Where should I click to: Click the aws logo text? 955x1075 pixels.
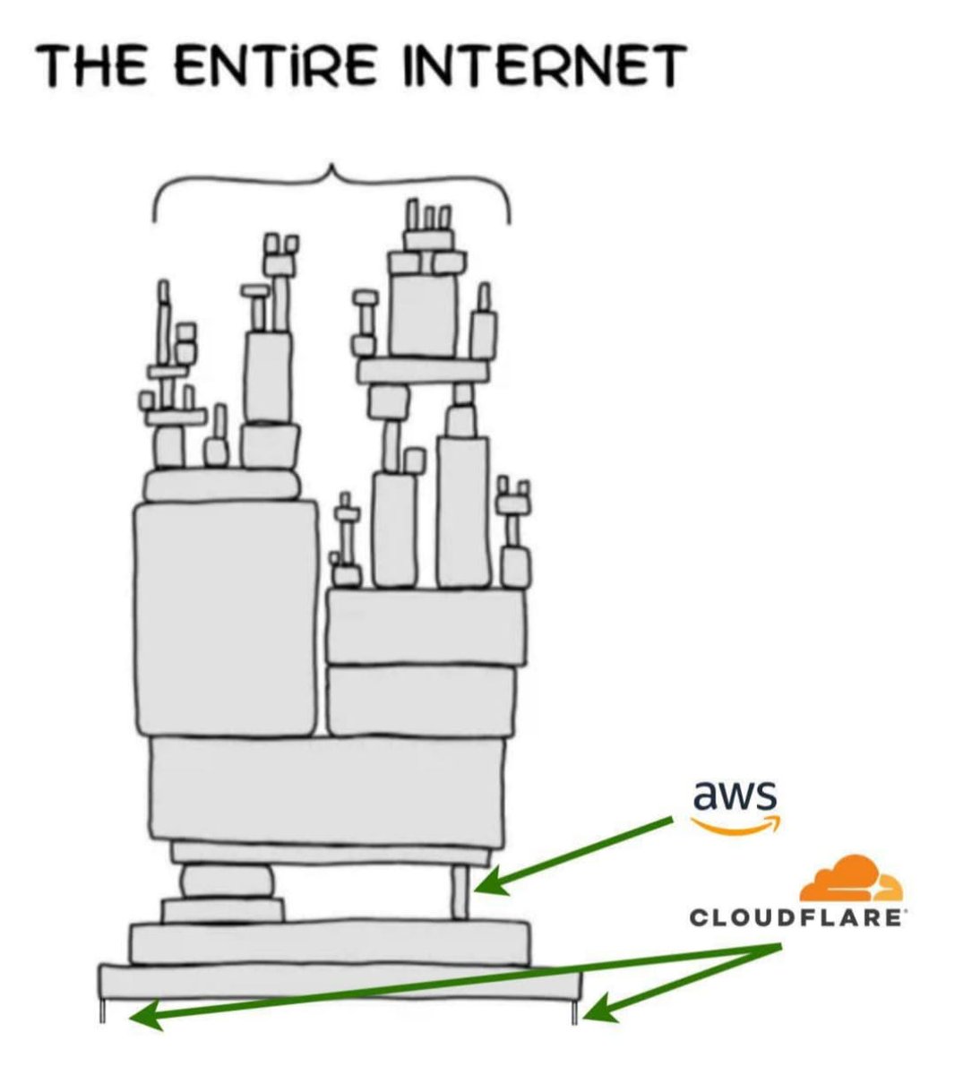(x=734, y=794)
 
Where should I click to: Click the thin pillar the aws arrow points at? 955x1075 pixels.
(x=460, y=892)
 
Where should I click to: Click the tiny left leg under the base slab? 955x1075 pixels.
(x=101, y=1011)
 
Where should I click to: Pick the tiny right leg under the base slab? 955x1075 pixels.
(x=576, y=1011)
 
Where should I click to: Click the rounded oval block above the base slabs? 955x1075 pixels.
(x=227, y=881)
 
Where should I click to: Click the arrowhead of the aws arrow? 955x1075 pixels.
(x=488, y=888)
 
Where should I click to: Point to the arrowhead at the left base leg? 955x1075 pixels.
(x=143, y=1016)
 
